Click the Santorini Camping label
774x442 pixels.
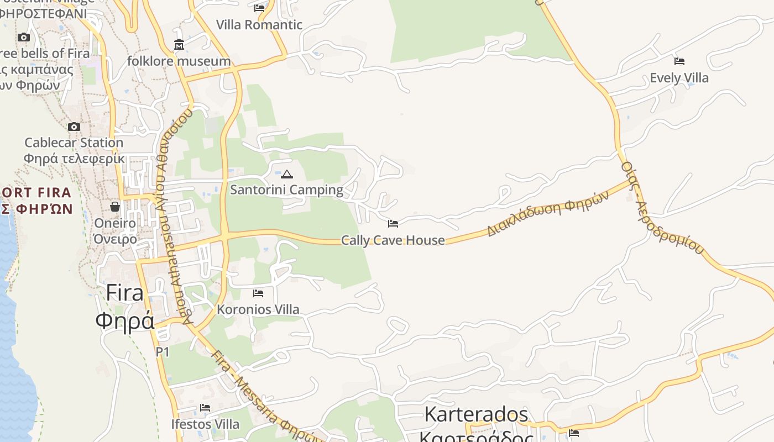[286, 190]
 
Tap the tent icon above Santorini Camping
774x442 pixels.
[286, 175]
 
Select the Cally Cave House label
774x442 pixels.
[393, 240]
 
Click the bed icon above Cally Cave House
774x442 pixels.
[393, 224]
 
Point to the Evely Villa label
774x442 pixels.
[679, 78]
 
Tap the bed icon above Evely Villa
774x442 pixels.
[679, 61]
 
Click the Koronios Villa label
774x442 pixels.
[258, 309]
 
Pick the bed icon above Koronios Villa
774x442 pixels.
[258, 293]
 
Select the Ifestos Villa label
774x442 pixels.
[205, 424]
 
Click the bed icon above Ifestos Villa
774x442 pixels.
[205, 408]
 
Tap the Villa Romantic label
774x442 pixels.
[259, 25]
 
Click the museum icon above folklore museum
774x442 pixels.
[179, 45]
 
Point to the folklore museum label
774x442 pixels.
[179, 61]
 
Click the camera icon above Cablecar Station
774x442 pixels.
[74, 127]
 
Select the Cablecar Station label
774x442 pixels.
[74, 143]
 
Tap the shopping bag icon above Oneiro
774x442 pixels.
[115, 207]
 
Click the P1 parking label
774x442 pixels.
[163, 352]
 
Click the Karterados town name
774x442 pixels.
[477, 414]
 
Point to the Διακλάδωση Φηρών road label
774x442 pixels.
[547, 214]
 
